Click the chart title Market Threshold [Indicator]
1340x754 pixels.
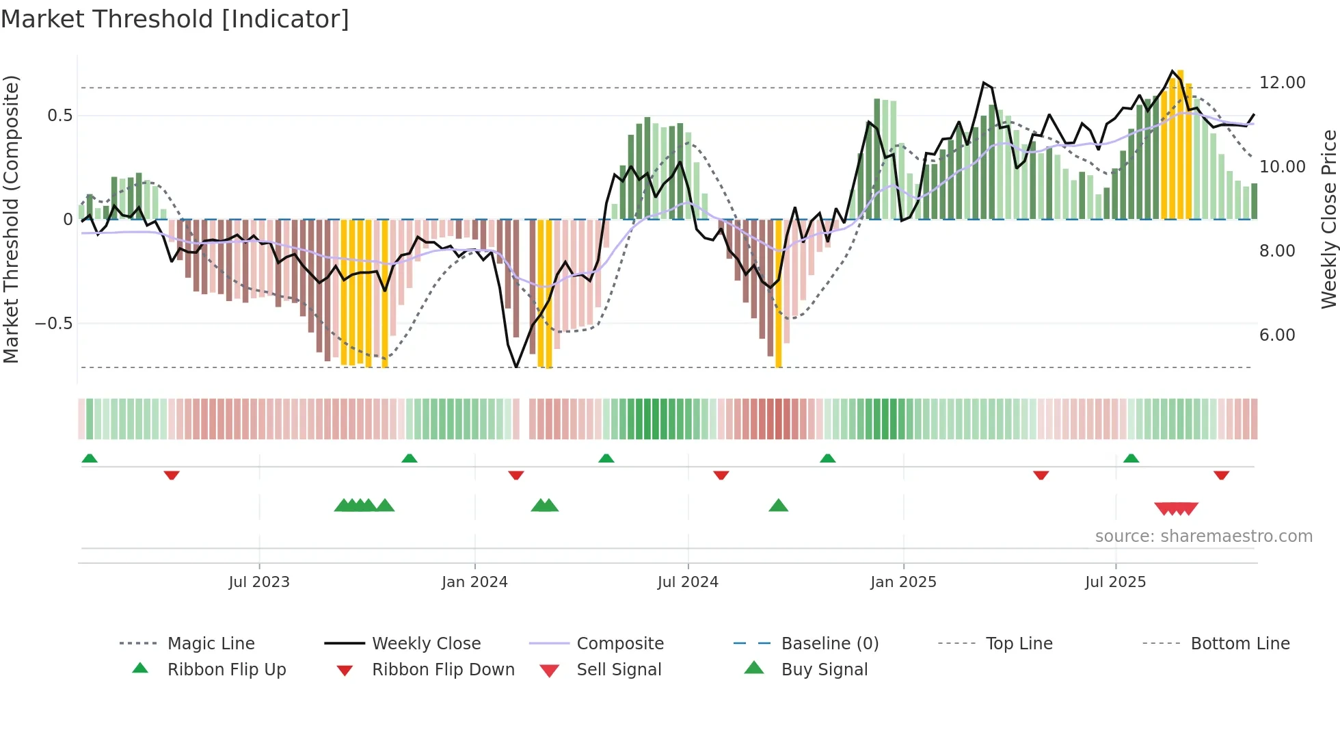175,19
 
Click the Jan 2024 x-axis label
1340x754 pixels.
474,582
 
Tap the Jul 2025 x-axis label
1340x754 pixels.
1115,582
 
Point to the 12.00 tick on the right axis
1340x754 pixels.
1282,83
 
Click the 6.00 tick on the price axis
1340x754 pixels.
1277,335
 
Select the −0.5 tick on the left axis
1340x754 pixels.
53,323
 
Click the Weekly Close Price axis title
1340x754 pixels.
1328,219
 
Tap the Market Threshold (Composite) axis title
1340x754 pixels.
11,219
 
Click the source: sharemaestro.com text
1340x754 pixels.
1203,536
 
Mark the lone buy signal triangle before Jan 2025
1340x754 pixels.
778,506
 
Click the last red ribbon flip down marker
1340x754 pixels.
1221,475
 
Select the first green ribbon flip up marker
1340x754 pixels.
90,458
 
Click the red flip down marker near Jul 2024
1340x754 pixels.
721,475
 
